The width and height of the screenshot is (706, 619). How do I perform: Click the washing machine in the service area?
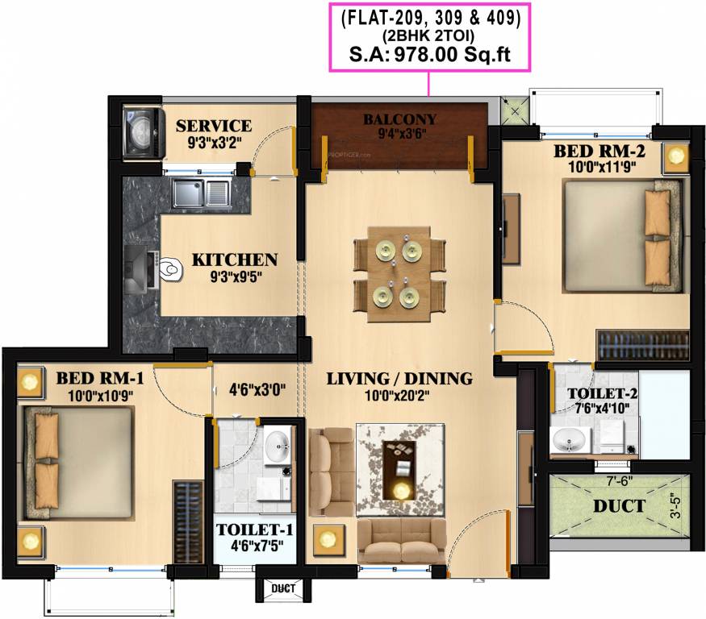pos(143,133)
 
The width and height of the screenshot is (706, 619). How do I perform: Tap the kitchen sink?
pos(203,193)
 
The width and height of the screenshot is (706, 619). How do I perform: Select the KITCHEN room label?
pos(235,260)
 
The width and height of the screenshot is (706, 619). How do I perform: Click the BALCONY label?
pos(400,119)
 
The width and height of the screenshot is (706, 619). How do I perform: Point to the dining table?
pos(399,274)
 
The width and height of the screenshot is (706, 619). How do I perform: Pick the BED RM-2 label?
pos(599,152)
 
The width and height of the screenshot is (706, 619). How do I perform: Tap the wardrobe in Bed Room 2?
pos(642,345)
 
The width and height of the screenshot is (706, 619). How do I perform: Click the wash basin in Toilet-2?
pos(570,439)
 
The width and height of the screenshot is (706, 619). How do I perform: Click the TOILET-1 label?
pos(255,530)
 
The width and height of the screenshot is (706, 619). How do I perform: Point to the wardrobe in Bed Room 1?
pos(188,521)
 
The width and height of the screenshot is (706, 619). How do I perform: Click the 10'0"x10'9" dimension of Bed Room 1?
pos(100,397)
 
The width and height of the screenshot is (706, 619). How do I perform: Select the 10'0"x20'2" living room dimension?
pos(397,396)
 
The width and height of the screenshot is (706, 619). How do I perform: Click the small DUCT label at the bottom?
pos(284,588)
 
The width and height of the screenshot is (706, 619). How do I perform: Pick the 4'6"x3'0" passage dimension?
pos(257,389)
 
